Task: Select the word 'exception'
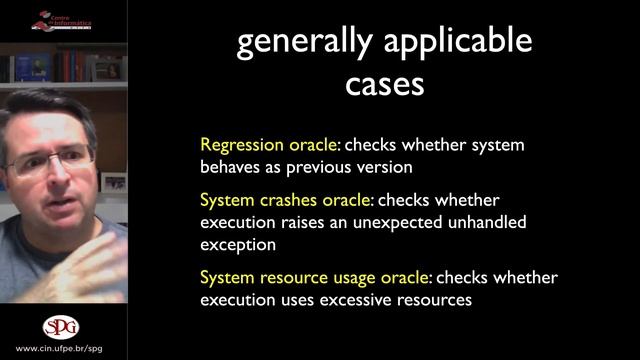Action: point(238,243)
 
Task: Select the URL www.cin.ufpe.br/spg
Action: point(61,351)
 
